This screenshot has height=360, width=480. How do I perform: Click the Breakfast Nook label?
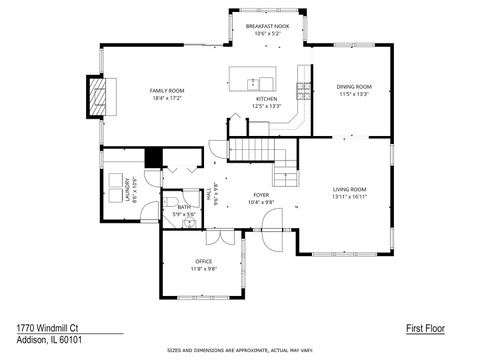tap(267, 26)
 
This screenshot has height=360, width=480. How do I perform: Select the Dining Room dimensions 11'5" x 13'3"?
tap(354, 94)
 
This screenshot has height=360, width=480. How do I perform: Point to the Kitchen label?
tap(266, 99)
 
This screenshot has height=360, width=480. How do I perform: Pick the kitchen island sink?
tap(254, 81)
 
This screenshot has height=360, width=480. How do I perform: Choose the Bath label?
tap(184, 207)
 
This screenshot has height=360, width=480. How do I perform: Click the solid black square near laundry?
tap(153, 158)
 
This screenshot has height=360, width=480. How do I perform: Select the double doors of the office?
tap(217, 238)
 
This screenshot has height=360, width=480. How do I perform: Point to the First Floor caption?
tap(425, 327)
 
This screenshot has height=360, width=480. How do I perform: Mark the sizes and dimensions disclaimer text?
tap(240, 351)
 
